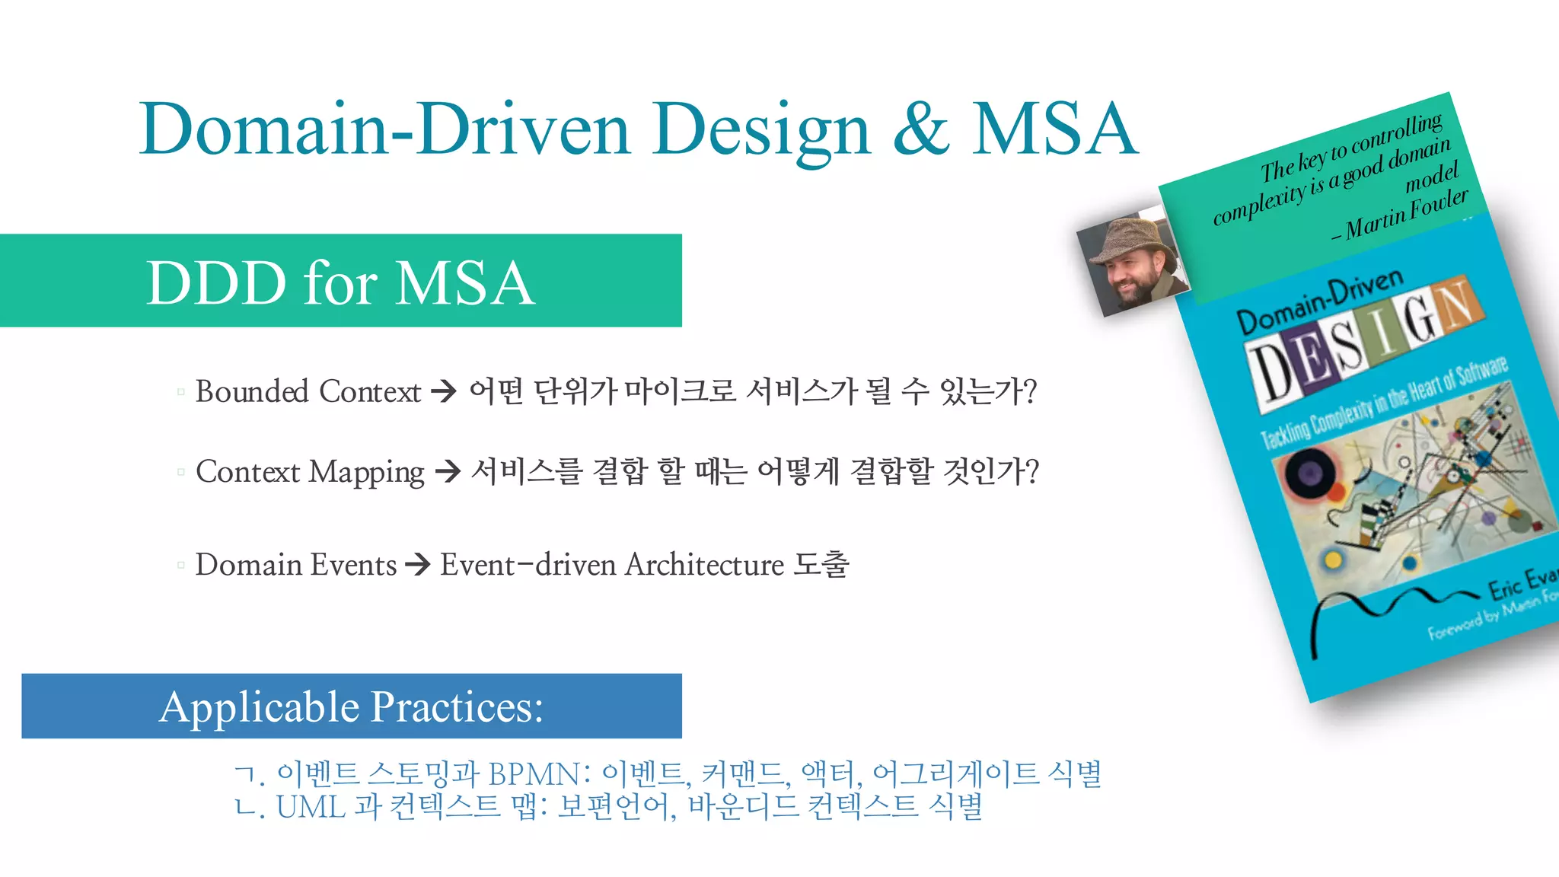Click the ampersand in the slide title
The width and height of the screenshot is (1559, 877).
click(x=921, y=129)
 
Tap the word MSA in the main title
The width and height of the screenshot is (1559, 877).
click(x=1054, y=129)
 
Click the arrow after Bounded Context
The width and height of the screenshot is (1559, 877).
click(x=444, y=392)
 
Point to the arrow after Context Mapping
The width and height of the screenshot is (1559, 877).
click(x=448, y=471)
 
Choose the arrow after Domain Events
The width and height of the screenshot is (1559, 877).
click(x=418, y=565)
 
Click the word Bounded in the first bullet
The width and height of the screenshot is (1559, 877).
click(x=252, y=391)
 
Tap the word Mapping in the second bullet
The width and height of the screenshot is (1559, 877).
click(x=367, y=473)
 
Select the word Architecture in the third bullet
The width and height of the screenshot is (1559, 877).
click(x=704, y=565)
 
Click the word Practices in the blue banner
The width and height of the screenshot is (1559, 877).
click(x=457, y=706)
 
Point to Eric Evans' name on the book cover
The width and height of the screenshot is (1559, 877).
click(x=1522, y=582)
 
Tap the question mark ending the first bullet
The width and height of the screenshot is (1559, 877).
click(x=1029, y=392)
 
